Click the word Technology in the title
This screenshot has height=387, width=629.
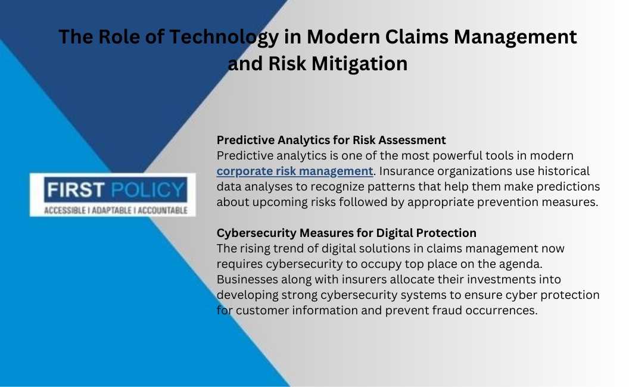click(x=224, y=38)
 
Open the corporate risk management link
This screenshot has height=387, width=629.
click(x=295, y=171)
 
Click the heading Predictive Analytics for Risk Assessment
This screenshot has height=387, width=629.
click(x=331, y=140)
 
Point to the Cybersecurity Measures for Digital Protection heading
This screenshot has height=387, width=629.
click(x=347, y=233)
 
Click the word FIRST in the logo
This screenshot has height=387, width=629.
click(x=76, y=190)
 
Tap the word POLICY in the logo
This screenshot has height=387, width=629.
click(x=147, y=190)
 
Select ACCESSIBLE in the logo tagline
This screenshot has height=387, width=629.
click(x=64, y=211)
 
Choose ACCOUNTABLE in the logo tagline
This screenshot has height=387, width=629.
click(x=163, y=211)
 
